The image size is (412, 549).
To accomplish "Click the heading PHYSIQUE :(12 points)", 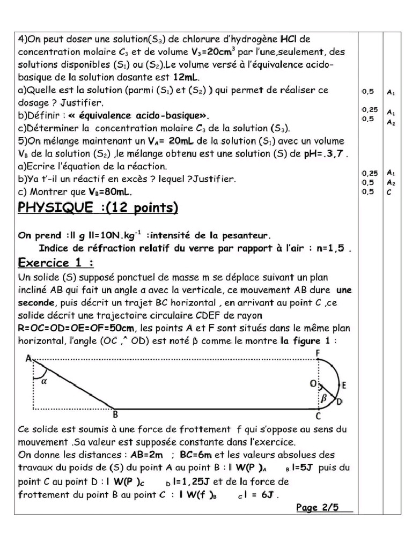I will pyautogui.click(x=98, y=208).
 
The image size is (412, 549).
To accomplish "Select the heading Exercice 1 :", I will pyautogui.click(x=56, y=263).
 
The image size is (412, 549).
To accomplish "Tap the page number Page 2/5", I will pyautogui.click(x=318, y=508).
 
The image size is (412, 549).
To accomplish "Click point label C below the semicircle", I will pyautogui.click(x=318, y=416).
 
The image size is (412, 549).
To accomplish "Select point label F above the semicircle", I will pyautogui.click(x=318, y=353).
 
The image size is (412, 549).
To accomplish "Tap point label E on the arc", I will pyautogui.click(x=344, y=385).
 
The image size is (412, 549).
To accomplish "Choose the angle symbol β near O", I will pyautogui.click(x=323, y=398).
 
